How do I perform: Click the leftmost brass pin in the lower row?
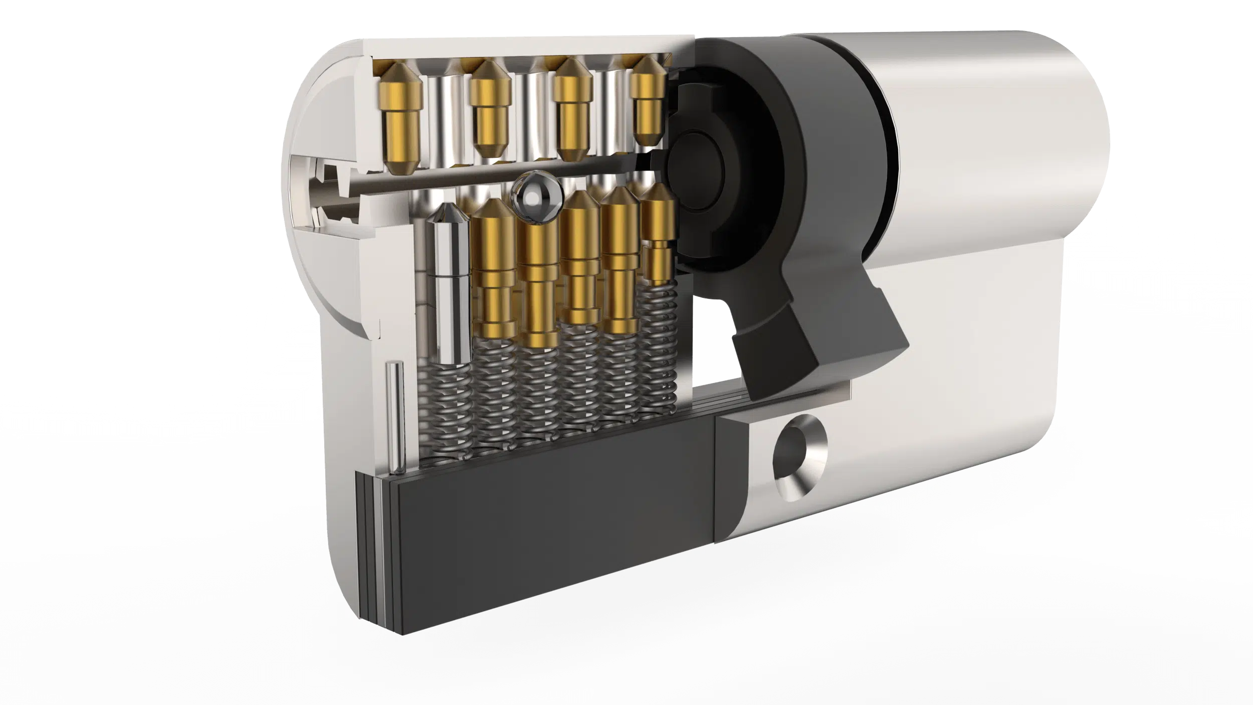point(494,271)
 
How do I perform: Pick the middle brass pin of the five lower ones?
point(580,261)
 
